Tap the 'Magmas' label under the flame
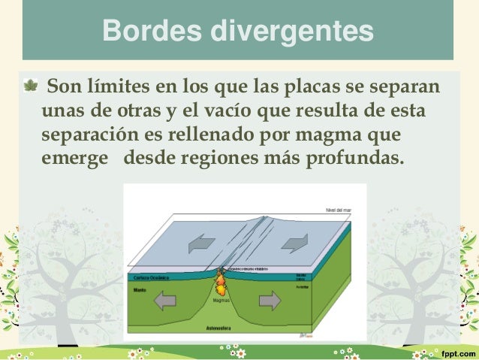click(x=221, y=300)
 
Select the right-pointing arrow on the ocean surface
click(x=294, y=243)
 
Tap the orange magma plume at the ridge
click(x=221, y=284)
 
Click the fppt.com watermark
click(x=455, y=351)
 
